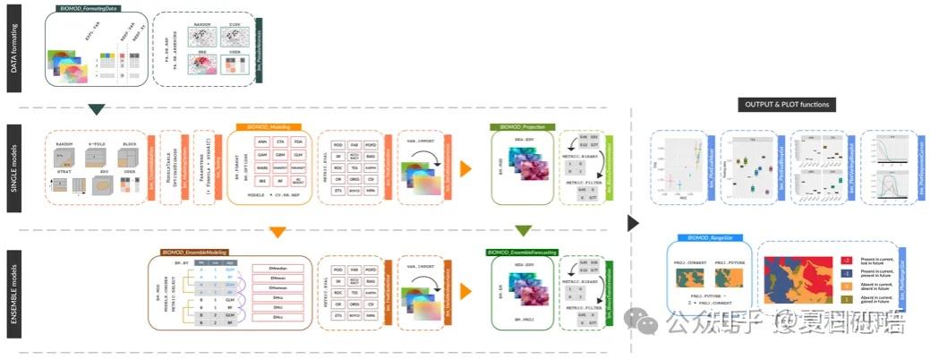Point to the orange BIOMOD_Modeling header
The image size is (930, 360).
pos(268,127)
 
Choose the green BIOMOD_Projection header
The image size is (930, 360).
pos(523,127)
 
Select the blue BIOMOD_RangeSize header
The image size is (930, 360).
pos(710,237)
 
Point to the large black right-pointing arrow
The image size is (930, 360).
pos(634,221)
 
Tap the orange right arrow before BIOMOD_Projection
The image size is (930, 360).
pos(465,167)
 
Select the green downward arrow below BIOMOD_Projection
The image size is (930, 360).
pos(524,231)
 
